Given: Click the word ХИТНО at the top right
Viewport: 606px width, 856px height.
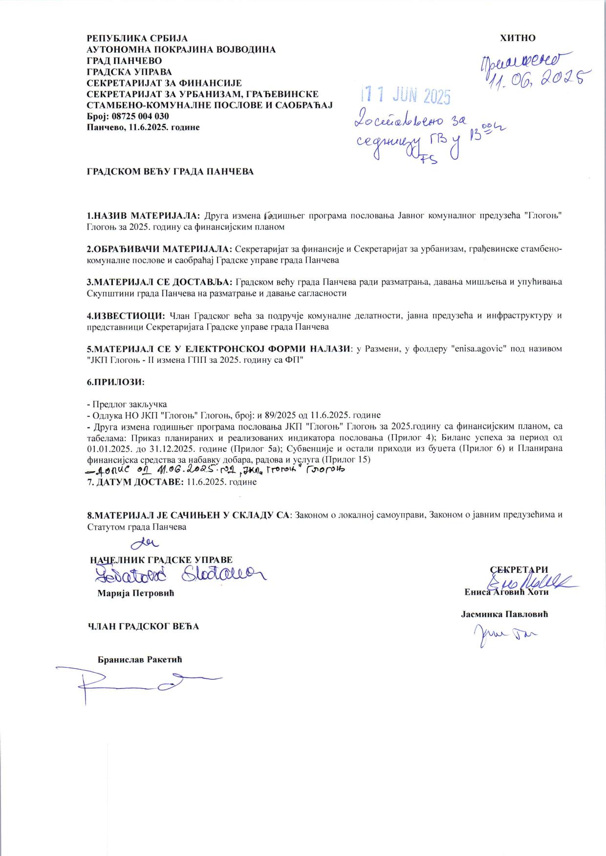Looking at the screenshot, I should pyautogui.click(x=518, y=38).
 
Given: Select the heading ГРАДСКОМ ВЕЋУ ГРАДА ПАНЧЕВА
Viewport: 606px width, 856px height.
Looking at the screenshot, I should pyautogui.click(x=170, y=172).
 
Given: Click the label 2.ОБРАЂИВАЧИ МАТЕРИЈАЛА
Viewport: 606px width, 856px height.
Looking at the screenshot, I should pyautogui.click(x=160, y=249).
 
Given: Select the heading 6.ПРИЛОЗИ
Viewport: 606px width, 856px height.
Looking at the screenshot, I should pyautogui.click(x=116, y=382).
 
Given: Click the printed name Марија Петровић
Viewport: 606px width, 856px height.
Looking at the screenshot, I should pyautogui.click(x=136, y=593).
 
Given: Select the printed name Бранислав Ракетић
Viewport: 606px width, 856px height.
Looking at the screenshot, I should pyautogui.click(x=140, y=659).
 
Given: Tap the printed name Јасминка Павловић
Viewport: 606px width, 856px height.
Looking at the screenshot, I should pyautogui.click(x=504, y=614).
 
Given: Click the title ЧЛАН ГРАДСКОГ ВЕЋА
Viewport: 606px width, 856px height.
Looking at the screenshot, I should pyautogui.click(x=143, y=626).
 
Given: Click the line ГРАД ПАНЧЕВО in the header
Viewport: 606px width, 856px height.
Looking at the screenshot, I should pyautogui.click(x=124, y=61).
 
